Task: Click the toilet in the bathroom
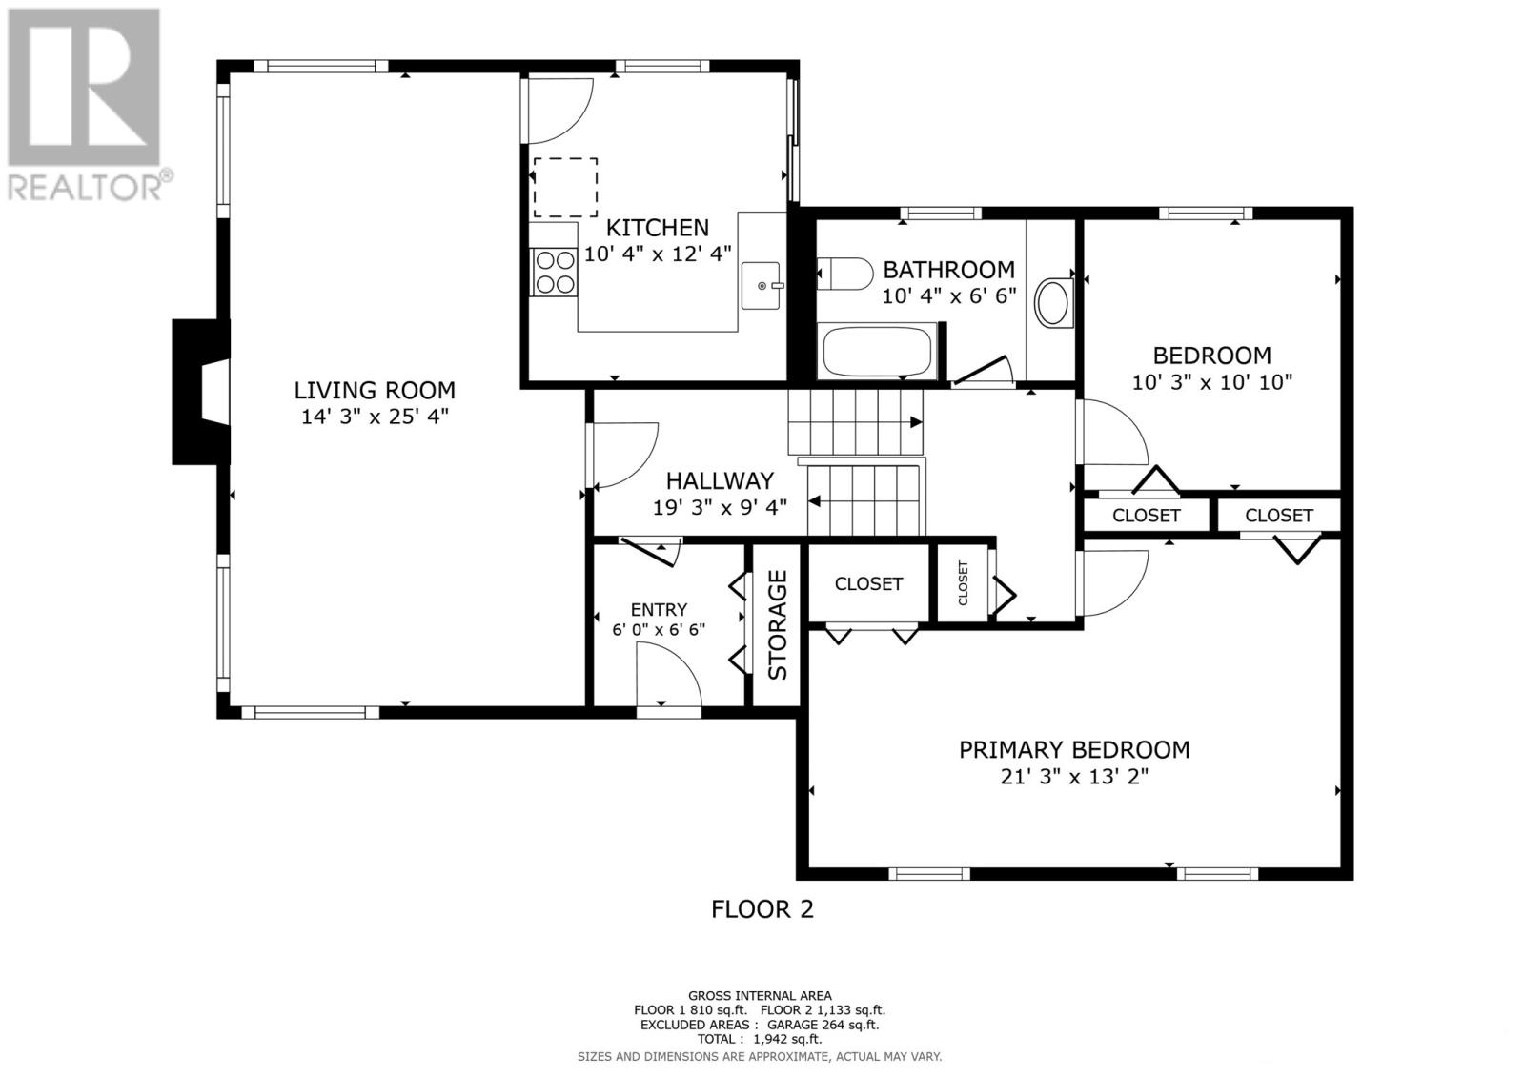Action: click(844, 274)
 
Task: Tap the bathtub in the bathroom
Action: click(877, 352)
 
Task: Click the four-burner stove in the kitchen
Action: click(554, 272)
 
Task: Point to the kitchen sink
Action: click(762, 285)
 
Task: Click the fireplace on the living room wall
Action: click(201, 393)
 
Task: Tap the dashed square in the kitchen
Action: click(565, 187)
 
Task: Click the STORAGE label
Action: click(777, 624)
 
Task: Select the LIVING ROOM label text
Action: click(375, 390)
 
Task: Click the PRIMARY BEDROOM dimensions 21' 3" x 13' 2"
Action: click(1073, 776)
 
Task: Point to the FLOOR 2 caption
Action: click(762, 909)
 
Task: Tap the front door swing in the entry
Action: click(668, 674)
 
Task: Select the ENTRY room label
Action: click(659, 609)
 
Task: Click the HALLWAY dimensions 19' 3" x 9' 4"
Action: click(720, 507)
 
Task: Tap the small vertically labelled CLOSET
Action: click(963, 583)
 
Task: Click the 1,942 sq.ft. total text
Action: click(787, 1039)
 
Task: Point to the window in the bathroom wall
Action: click(941, 214)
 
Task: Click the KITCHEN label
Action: click(658, 228)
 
